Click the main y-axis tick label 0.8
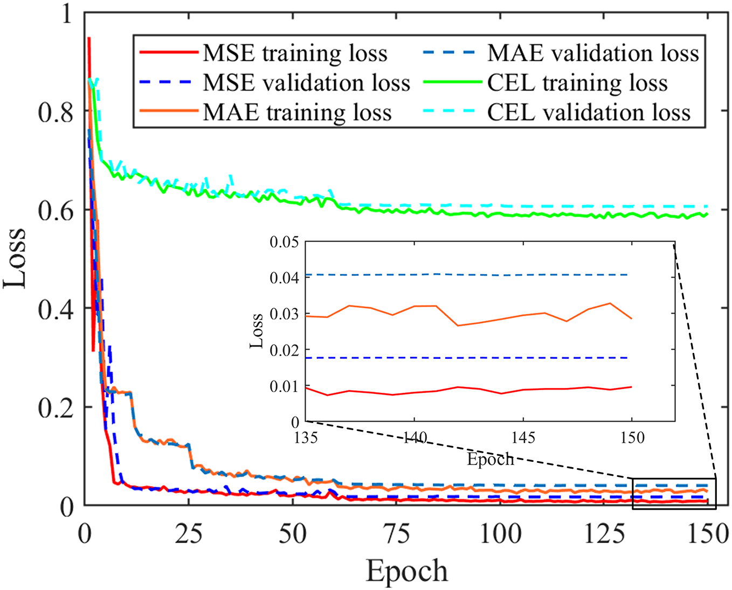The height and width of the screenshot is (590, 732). coord(55,112)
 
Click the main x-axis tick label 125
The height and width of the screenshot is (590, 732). coord(605,535)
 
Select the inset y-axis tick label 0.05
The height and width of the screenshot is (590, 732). coord(284,241)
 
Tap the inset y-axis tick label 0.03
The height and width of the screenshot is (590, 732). coord(284,314)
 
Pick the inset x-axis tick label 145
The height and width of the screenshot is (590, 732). coord(523,437)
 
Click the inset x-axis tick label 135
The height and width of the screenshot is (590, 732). coord(306,437)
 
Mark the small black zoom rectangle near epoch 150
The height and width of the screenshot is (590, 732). coord(674,494)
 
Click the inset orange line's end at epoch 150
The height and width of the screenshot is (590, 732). coord(631,318)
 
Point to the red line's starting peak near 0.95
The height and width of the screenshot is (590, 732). coord(89,39)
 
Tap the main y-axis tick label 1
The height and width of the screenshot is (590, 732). coord(66,13)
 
